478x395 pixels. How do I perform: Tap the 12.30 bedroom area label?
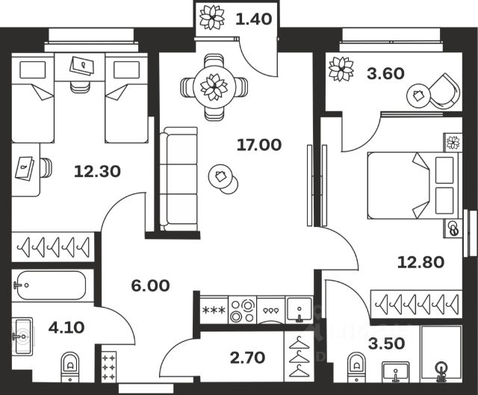pos(98,172)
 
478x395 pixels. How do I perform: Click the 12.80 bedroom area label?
pos(423,261)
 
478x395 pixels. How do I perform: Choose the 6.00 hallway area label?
pos(150,285)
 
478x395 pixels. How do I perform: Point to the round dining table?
pos(214,87)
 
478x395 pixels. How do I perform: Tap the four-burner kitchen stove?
pos(243,310)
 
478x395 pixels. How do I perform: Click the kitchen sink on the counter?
pos(299,309)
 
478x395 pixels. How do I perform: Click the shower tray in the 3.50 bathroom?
pos(442,358)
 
